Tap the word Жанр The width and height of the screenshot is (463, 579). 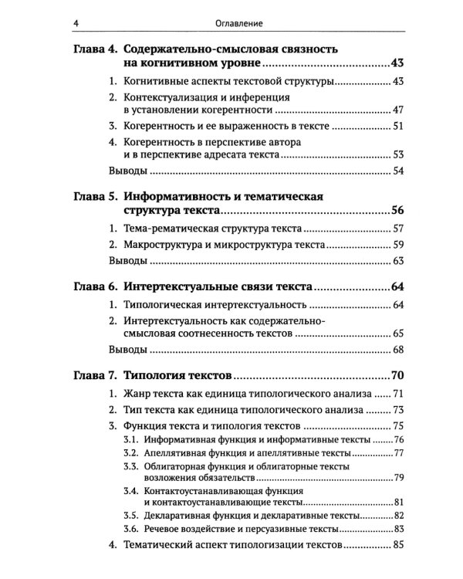click(x=137, y=394)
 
